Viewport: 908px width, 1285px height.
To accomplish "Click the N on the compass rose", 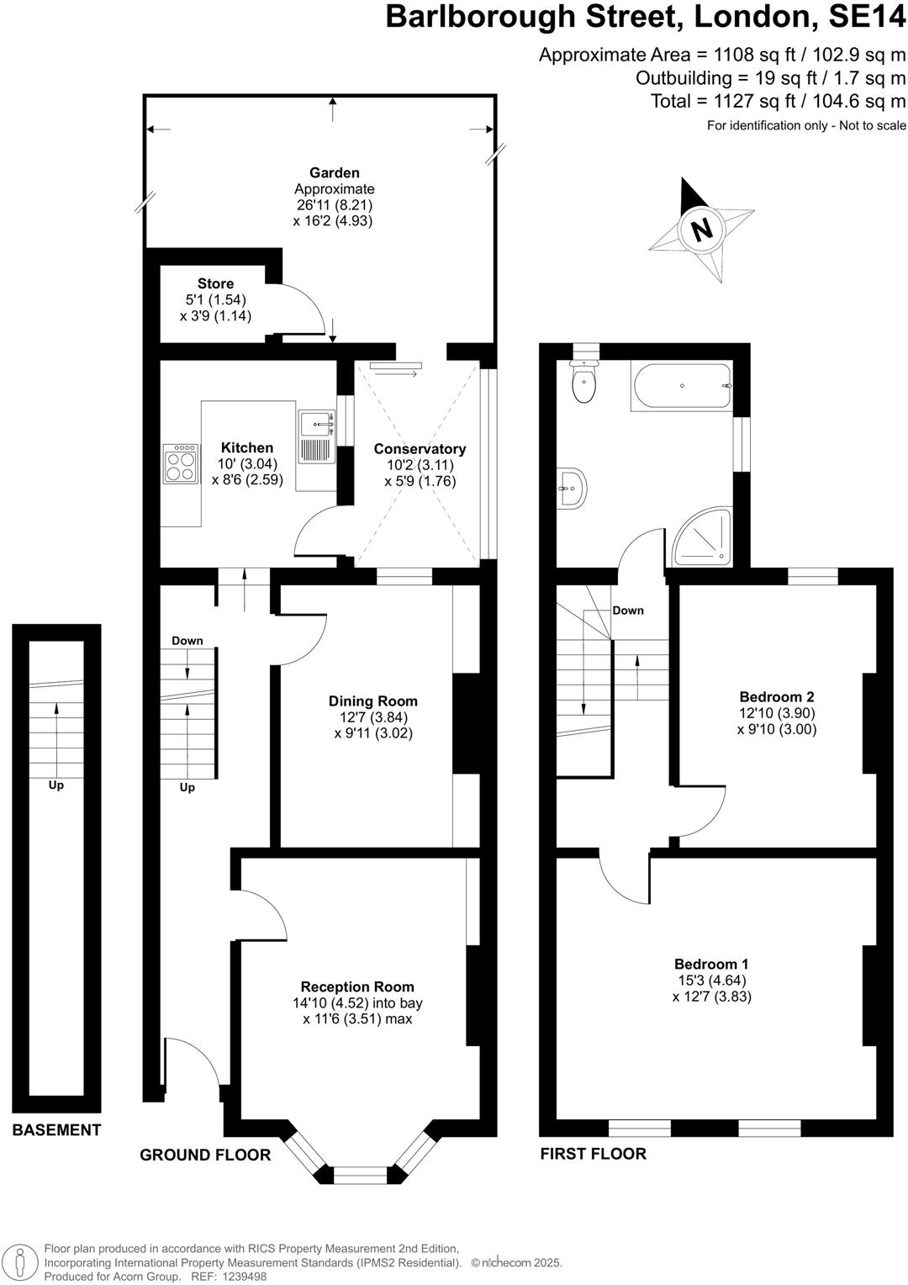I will click(x=701, y=229).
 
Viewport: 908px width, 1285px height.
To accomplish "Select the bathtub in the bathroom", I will click(x=680, y=386).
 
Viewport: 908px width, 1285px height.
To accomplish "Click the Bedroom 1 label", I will click(x=711, y=965).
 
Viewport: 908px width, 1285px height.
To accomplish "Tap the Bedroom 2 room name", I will click(x=776, y=696).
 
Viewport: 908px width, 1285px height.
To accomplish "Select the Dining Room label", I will click(x=372, y=701).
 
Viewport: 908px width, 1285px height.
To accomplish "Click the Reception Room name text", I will click(x=357, y=986).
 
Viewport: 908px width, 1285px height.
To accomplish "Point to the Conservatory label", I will click(x=420, y=449).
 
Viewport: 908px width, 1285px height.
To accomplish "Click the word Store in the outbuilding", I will click(x=215, y=283).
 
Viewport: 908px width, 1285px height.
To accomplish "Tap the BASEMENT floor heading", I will click(x=56, y=1130).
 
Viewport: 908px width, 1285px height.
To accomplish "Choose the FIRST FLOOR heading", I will click(x=593, y=1154).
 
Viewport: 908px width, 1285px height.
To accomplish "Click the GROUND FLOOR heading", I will click(x=205, y=1155).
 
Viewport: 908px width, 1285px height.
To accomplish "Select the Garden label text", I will click(x=334, y=173).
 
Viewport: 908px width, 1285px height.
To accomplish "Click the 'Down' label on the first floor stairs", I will click(x=628, y=611).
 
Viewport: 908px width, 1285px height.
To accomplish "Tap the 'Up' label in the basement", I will click(x=55, y=785).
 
